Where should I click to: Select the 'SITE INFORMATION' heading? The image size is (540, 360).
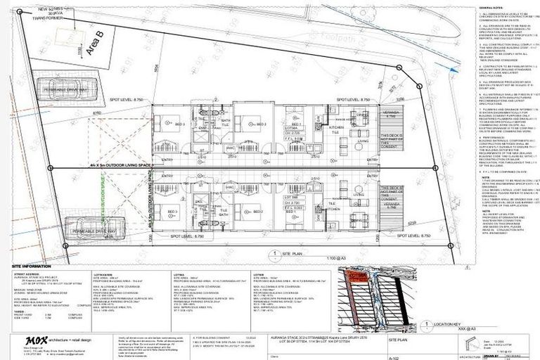(32, 266)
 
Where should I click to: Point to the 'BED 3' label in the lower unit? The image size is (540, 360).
(172, 210)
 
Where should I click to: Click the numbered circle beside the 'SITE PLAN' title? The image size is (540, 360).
(271, 254)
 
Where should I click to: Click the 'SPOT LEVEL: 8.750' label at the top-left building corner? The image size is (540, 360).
(148, 101)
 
